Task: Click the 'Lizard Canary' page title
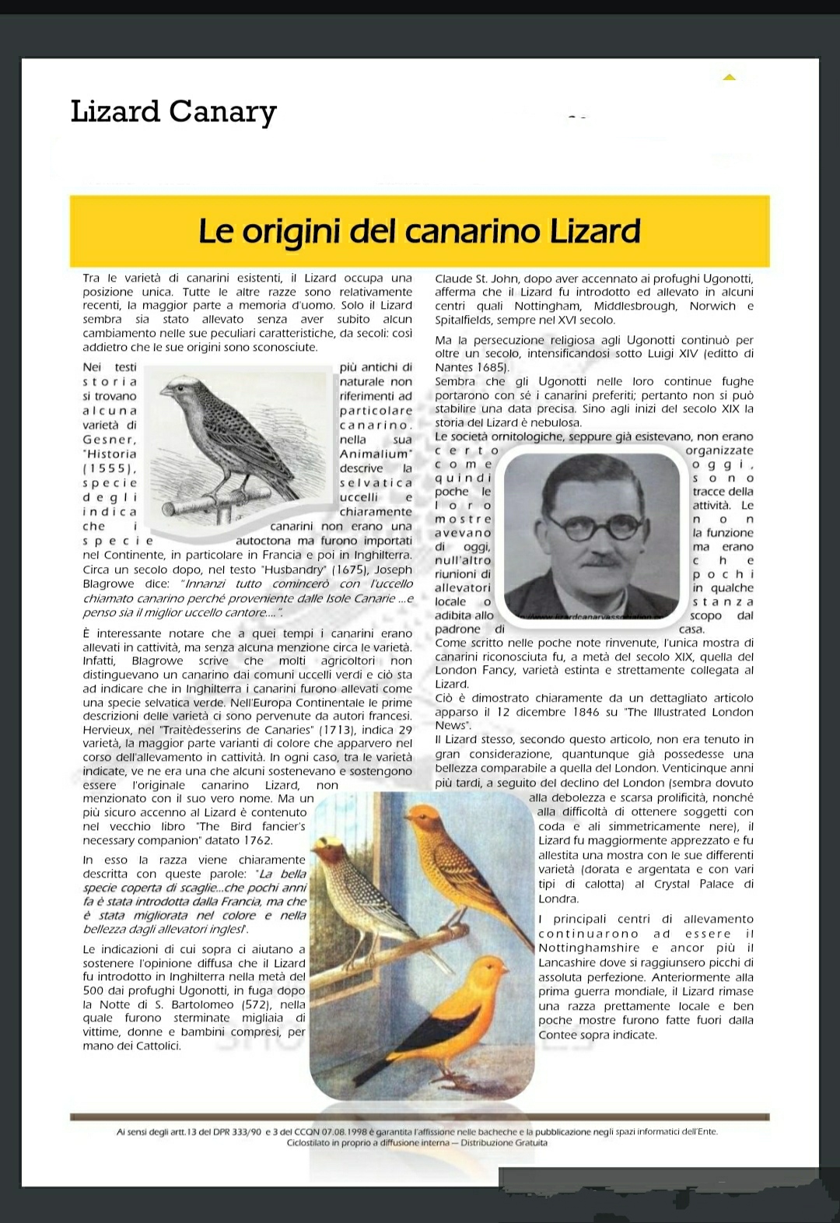(x=173, y=112)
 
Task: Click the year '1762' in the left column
(x=257, y=840)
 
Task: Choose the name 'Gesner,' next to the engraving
(x=110, y=440)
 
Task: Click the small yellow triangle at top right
(x=729, y=77)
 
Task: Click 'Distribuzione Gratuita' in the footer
(x=504, y=1143)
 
